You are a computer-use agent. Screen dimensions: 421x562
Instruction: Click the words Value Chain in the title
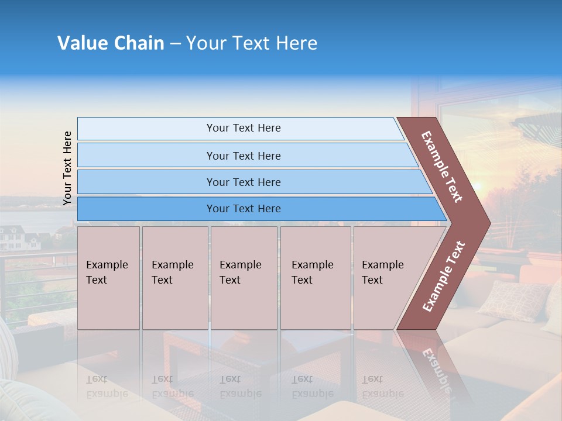tap(111, 43)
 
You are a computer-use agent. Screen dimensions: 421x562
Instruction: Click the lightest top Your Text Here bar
tap(244, 128)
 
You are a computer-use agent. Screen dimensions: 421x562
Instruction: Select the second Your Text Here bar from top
tap(244, 156)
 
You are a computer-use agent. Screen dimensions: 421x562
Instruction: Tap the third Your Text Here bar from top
tap(244, 182)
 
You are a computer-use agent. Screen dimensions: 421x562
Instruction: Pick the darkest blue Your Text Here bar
tap(244, 209)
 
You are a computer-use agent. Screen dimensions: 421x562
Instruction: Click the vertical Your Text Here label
tap(67, 168)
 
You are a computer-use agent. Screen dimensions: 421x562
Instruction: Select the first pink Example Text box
tap(108, 278)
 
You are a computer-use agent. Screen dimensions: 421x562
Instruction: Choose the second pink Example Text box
tap(174, 278)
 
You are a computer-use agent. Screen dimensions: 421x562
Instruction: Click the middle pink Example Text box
tap(244, 278)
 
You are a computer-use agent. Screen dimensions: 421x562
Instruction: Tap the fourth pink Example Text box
tap(315, 278)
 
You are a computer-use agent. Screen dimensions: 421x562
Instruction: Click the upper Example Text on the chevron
tap(442, 167)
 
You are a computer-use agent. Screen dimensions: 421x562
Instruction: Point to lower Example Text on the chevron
tap(444, 276)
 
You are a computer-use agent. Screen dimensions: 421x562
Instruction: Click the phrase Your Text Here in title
tap(252, 43)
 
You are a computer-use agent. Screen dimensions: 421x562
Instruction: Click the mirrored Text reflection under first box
tap(97, 378)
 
